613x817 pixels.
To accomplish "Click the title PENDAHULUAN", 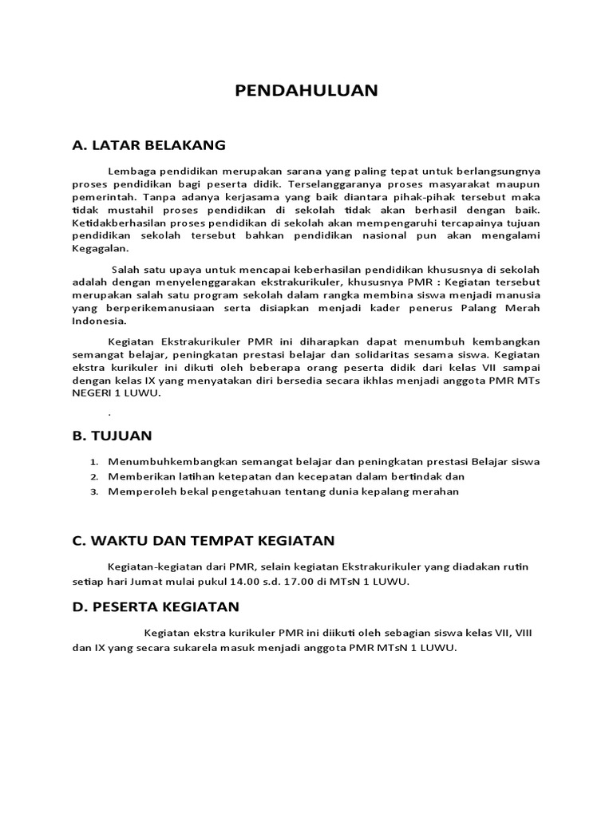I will (306, 90).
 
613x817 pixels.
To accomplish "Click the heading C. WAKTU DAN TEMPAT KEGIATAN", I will (203, 540).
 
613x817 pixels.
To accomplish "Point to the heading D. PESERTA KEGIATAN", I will (156, 608).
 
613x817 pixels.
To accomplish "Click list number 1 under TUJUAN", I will (93, 462).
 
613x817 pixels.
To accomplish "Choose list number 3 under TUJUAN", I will (93, 492).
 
